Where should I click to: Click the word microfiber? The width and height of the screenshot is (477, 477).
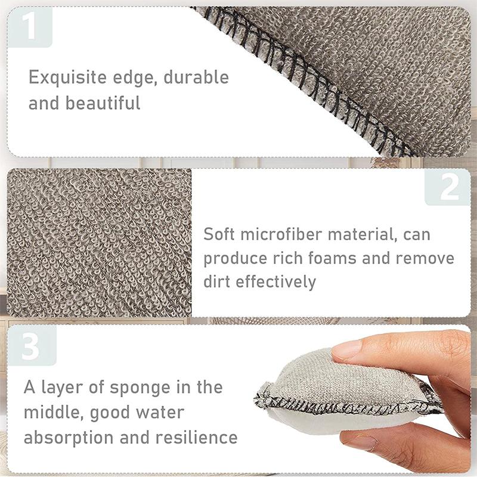[x=286, y=234]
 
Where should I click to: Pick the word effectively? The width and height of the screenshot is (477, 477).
[x=275, y=281]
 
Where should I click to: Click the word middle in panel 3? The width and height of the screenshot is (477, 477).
[x=49, y=413]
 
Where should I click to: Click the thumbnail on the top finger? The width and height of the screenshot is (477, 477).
[x=349, y=349]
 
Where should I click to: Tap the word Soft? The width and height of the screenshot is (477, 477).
[x=220, y=234]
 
